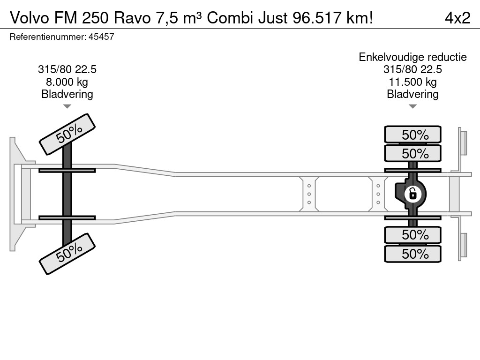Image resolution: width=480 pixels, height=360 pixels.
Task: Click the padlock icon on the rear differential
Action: click(412, 193)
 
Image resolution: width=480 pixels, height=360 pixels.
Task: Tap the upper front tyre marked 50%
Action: click(67, 134)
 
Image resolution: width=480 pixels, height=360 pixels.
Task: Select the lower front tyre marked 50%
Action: click(67, 254)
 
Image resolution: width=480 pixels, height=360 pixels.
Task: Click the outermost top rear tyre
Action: click(412, 135)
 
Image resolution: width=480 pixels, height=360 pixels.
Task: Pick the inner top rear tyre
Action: click(412, 153)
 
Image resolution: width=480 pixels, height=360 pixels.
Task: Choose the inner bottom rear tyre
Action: click(412, 234)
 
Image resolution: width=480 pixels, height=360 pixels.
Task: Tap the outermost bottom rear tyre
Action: click(412, 254)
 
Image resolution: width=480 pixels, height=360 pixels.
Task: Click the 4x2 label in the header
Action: click(457, 18)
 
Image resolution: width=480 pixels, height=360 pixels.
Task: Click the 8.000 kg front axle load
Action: click(67, 82)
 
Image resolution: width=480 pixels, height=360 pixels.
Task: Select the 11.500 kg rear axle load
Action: click(412, 82)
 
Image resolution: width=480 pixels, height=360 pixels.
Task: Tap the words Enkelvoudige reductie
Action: click(412, 57)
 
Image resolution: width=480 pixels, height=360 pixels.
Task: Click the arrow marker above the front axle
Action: click(67, 106)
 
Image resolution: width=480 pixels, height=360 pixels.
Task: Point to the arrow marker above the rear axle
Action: click(412, 106)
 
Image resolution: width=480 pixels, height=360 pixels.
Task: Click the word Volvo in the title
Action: click(30, 18)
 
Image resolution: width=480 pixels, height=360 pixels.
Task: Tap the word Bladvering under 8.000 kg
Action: click(67, 94)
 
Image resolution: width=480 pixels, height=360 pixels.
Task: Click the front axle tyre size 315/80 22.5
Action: click(67, 70)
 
